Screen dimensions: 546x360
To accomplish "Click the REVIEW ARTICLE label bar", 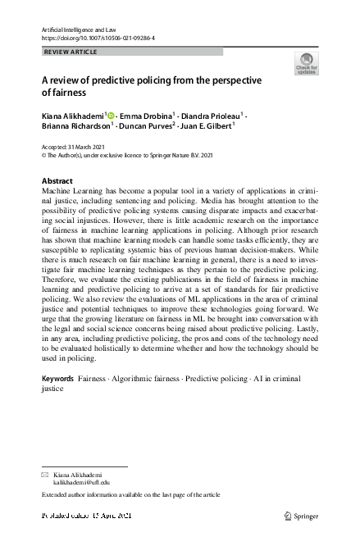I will [131, 52].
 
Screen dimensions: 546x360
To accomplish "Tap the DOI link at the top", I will [98, 38].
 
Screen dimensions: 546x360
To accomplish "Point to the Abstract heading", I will [57, 180].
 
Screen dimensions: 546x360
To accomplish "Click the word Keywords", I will [57, 380].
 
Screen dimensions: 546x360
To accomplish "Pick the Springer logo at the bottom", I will [300, 516].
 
